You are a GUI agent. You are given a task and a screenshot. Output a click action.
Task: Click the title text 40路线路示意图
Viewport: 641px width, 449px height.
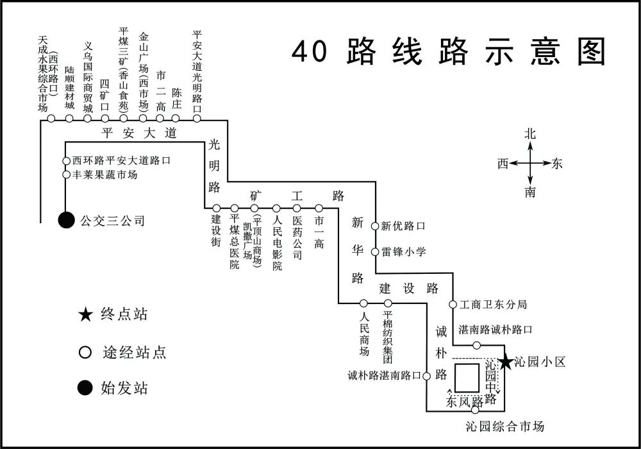449,51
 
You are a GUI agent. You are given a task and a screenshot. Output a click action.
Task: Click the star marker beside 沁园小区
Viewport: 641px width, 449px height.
505,362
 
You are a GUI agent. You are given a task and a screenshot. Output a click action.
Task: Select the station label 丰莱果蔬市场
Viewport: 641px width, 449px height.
104,174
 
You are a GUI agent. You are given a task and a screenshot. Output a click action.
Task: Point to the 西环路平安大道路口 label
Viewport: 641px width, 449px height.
121,160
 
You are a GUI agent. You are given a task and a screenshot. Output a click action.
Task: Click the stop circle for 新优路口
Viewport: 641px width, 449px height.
375,226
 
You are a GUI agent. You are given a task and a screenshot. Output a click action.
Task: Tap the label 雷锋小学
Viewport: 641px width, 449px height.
403,251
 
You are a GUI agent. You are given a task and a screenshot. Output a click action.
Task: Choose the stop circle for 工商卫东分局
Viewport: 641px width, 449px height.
453,304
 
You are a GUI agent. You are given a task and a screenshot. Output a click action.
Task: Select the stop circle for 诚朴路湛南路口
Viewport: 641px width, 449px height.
426,376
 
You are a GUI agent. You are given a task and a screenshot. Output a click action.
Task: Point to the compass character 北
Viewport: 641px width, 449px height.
530,134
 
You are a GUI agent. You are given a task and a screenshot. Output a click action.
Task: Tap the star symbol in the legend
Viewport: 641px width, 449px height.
85,315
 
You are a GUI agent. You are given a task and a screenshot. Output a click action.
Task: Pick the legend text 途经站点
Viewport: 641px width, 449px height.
134,352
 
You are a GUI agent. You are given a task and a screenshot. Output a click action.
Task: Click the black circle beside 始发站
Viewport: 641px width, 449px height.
85,388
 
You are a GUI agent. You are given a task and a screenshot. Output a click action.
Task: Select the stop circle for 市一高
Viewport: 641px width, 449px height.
319,208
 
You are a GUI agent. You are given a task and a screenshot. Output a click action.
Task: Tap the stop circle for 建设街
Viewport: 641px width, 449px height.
217,208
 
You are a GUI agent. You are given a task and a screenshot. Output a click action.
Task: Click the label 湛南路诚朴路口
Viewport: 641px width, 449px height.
495,330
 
